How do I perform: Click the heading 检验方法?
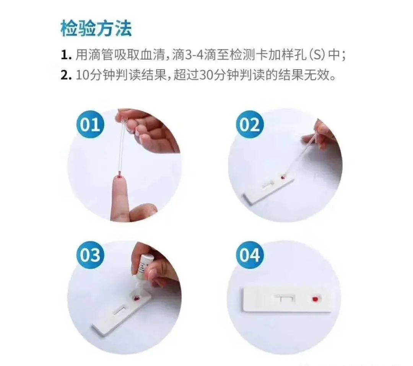coord(96,28)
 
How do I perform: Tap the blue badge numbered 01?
coord(90,124)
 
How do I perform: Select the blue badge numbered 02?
coord(249,124)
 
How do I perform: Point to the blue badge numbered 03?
coord(90,255)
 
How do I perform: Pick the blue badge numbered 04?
coord(249,255)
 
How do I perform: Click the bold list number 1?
coord(66,55)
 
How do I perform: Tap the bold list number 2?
coord(66,75)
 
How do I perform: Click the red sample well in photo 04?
coord(314,299)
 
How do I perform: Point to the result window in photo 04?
coord(285,299)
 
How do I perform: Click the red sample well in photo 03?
coord(137,298)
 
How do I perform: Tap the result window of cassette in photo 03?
coord(120,310)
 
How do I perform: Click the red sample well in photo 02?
coord(283,177)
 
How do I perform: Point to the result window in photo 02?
coord(268,184)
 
